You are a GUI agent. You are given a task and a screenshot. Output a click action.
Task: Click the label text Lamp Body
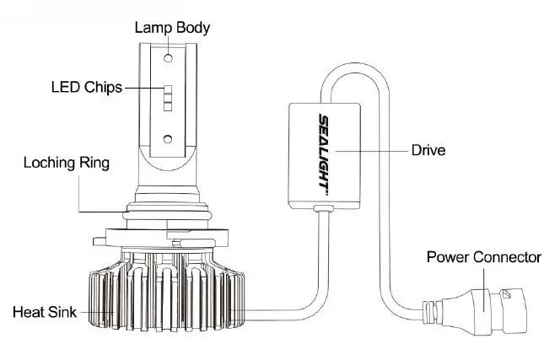pyautogui.click(x=172, y=27)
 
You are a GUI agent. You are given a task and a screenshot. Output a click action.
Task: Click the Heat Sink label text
pyautogui.click(x=46, y=312)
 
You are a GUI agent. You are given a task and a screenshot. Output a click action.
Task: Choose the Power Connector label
pyautogui.click(x=483, y=255)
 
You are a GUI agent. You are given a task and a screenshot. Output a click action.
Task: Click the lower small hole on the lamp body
pyautogui.click(x=168, y=137)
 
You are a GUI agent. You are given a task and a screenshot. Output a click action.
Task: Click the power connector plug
pyautogui.click(x=489, y=305)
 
